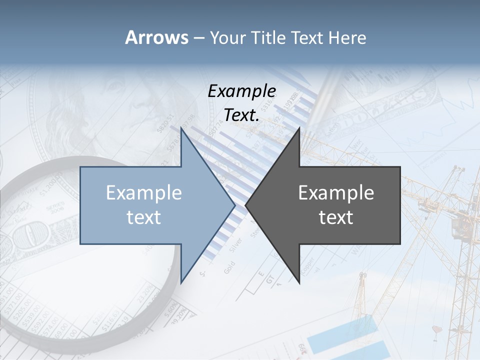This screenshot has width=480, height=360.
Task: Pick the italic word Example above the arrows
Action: [242, 91]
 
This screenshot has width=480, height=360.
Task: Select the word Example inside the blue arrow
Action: [144, 193]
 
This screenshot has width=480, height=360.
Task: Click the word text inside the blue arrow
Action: [144, 217]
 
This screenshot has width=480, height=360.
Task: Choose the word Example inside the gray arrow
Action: [336, 193]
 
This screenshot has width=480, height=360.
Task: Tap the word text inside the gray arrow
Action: [336, 217]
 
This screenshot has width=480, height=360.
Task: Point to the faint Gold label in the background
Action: [229, 266]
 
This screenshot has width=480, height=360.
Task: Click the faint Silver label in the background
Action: [235, 245]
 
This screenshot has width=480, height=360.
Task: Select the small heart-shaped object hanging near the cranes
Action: [436, 329]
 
